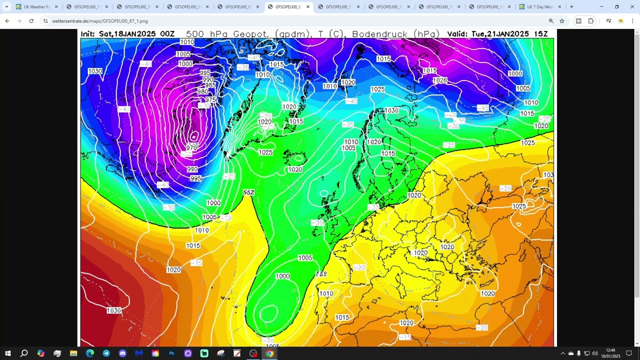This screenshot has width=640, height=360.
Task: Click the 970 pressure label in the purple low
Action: pyautogui.click(x=192, y=147)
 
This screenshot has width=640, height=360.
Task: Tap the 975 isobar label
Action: pyautogui.click(x=210, y=100)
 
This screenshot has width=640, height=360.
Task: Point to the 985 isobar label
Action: pyautogui.click(x=210, y=85)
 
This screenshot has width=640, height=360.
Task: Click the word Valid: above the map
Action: pyautogui.click(x=457, y=34)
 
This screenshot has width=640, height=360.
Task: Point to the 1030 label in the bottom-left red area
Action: pyautogui.click(x=114, y=310)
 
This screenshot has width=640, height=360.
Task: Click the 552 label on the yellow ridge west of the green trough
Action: pyautogui.click(x=248, y=192)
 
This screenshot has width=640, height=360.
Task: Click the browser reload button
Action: pyautogui.click(x=31, y=21)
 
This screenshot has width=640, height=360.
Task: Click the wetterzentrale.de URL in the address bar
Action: pyautogui.click(x=100, y=21)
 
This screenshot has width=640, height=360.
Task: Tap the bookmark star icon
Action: pyautogui.click(x=562, y=21)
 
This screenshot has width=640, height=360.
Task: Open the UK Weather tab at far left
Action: pyautogui.click(x=35, y=7)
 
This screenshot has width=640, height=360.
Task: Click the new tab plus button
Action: pyautogui.click(x=571, y=7)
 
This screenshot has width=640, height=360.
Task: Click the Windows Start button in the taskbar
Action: pyautogui.click(x=8, y=353)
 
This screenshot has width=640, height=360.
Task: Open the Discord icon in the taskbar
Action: pyautogui.click(x=122, y=353)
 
